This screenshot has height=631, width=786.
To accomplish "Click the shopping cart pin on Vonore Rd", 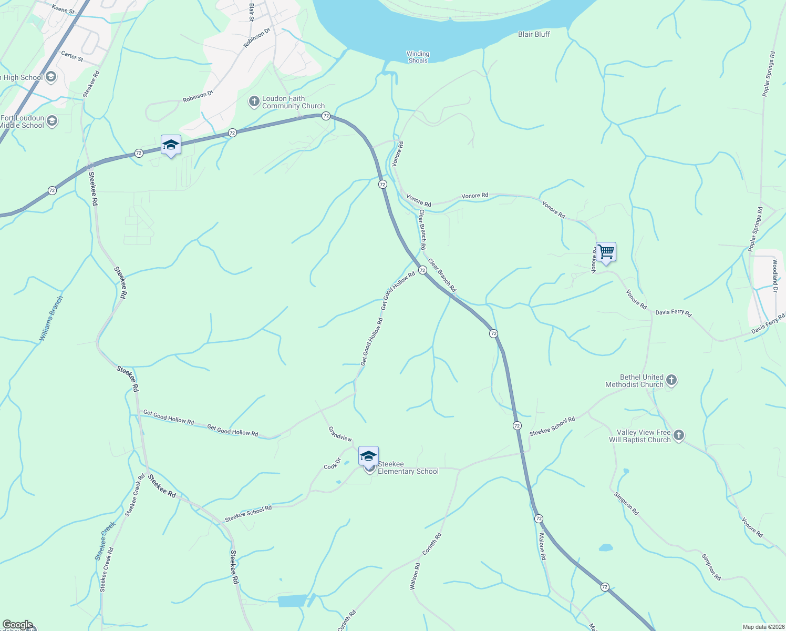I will (606, 252).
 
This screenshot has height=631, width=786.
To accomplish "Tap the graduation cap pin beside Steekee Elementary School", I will (368, 456).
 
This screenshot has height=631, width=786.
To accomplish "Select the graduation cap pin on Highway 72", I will (171, 145).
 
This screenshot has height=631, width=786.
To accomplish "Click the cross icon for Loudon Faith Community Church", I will (254, 101).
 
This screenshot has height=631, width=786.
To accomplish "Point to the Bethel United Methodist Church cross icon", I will (671, 381).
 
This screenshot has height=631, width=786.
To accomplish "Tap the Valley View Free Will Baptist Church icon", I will (679, 435).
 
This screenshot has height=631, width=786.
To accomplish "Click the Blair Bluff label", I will (534, 34).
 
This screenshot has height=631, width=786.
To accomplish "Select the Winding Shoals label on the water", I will (418, 57).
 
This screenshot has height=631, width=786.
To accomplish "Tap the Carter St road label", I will (72, 56).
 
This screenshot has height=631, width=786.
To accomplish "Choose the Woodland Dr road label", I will (775, 272).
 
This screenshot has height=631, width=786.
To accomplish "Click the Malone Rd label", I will (542, 547).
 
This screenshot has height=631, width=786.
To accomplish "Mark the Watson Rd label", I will (415, 576).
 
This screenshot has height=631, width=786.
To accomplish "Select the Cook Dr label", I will (333, 464).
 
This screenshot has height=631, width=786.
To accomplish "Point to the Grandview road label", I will (340, 434).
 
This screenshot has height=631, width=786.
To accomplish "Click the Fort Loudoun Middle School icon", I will (51, 121).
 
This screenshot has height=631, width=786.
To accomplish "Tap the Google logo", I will (17, 625).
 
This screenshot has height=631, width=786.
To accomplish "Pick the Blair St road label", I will (252, 12).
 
